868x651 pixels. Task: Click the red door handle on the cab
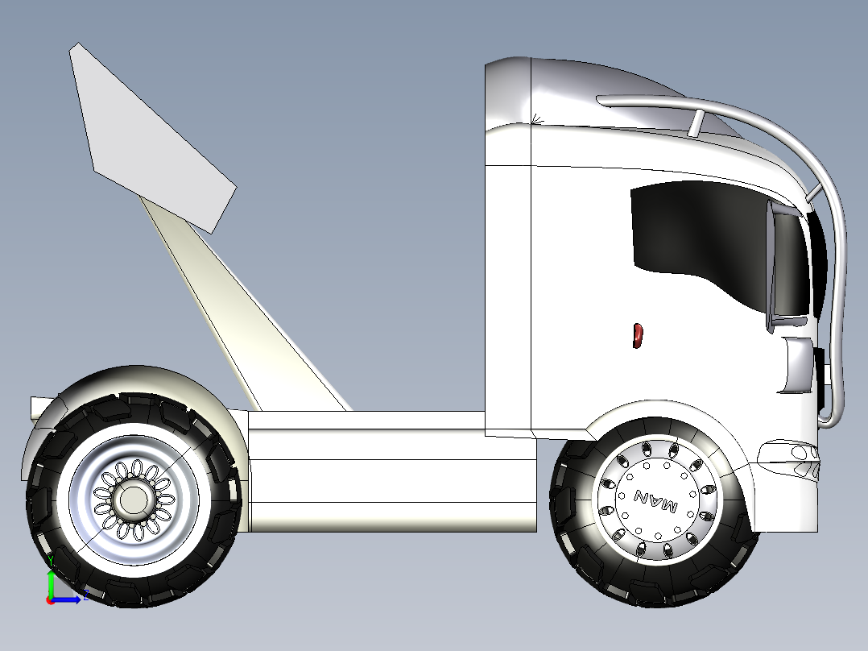click(638, 336)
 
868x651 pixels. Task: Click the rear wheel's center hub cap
click(128, 500)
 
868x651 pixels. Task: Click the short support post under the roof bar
click(696, 122)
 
